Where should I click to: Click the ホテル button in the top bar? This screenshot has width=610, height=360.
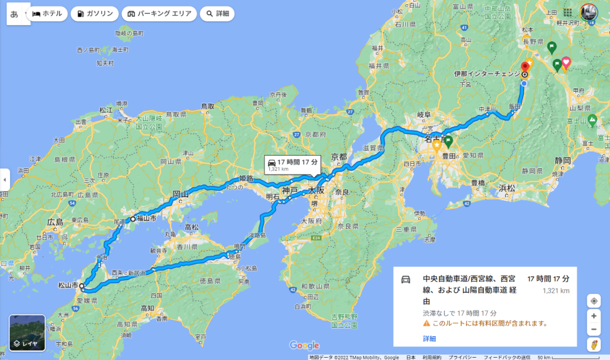pos(46,14)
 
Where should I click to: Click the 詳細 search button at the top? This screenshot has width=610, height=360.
pos(217,14)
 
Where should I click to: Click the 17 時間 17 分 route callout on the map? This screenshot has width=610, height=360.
pos(293,165)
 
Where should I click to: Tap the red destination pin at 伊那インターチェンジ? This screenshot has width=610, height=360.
pos(525,66)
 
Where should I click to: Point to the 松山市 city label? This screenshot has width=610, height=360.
pos(67,286)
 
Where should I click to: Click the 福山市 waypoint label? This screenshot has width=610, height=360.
pos(147,218)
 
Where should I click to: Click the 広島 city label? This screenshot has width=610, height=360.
pos(55,222)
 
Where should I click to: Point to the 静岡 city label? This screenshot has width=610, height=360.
pos(562,160)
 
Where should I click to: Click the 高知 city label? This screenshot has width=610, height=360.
pos(148,308)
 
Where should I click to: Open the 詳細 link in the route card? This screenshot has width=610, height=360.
pos(430,339)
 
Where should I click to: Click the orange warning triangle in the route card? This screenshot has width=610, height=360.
pos(427,324)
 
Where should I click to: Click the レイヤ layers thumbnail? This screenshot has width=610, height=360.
pos(27,333)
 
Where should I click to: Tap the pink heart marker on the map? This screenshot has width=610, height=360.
pos(566,61)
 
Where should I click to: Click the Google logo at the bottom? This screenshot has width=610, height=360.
pos(304,346)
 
